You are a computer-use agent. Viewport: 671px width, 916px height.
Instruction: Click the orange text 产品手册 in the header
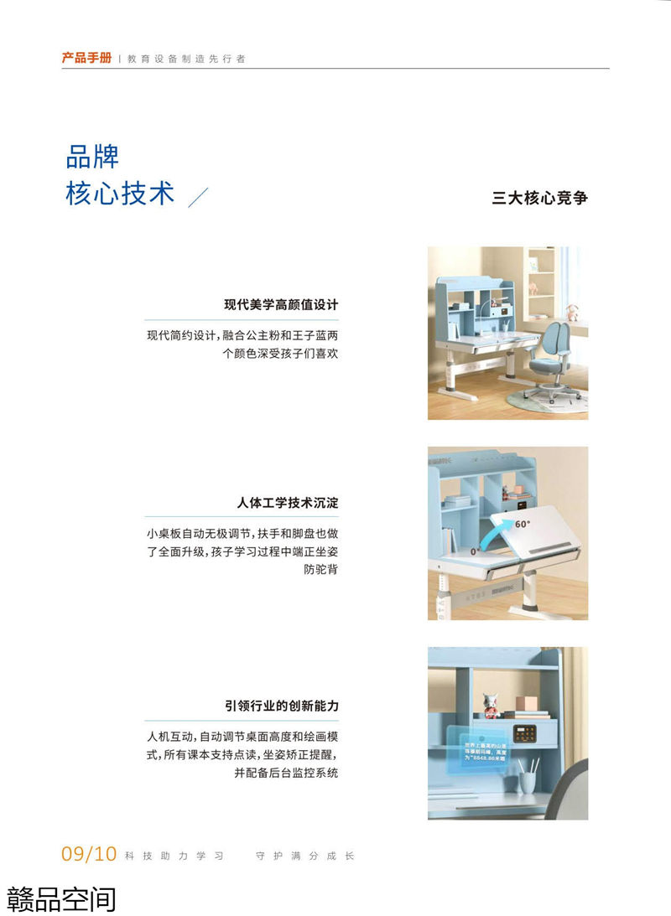[86, 59]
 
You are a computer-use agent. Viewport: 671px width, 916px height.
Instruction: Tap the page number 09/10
[88, 854]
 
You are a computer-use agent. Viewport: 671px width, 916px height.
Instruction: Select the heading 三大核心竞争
[539, 199]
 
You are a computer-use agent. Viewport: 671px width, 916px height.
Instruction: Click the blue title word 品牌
[92, 157]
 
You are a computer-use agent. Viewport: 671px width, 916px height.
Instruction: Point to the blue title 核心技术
[120, 193]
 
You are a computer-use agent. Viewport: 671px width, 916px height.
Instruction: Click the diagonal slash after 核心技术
[198, 197]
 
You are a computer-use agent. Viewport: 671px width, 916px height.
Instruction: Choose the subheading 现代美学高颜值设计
[281, 304]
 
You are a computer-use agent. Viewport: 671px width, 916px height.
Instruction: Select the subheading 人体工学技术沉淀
[288, 504]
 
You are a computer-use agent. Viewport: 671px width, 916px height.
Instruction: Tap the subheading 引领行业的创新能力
[281, 706]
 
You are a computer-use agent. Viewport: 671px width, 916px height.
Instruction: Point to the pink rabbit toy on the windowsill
[572, 313]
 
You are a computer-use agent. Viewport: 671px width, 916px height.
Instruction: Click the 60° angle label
[523, 524]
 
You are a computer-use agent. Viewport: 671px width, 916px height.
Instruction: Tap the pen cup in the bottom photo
[528, 779]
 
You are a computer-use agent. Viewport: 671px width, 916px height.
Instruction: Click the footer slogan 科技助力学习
[174, 856]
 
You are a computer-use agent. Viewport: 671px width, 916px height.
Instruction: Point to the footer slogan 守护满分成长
[305, 856]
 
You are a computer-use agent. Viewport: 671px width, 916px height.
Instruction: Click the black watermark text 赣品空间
[61, 898]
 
